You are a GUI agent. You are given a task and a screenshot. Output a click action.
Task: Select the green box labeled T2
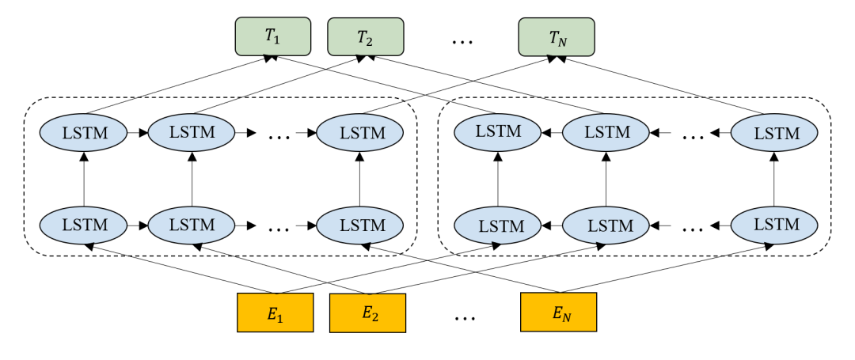click(x=366, y=37)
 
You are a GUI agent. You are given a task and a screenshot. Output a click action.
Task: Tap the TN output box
click(x=556, y=37)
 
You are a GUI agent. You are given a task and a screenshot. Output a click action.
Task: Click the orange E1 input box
click(x=275, y=313)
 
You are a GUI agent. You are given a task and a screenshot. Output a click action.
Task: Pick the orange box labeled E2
click(x=367, y=313)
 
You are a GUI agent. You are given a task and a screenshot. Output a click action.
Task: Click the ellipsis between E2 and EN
click(x=465, y=317)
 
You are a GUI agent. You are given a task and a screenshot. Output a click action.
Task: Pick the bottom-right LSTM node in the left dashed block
click(x=362, y=225)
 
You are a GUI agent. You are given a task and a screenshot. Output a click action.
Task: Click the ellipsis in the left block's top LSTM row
click(x=279, y=135)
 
